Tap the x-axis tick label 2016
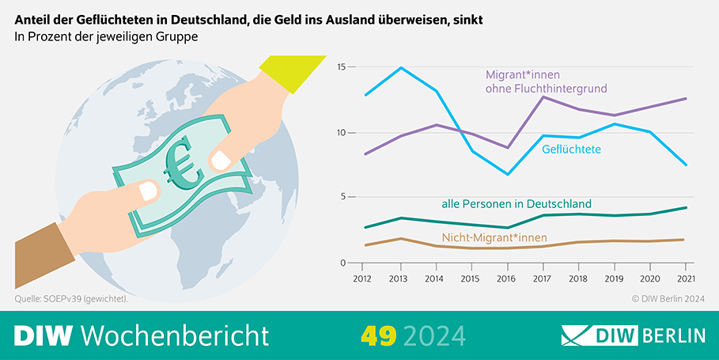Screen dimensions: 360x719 505,279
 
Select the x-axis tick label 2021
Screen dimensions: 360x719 685,279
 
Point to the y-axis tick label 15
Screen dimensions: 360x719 342,67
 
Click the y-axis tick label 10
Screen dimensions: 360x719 342,132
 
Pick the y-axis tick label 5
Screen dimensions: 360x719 344,198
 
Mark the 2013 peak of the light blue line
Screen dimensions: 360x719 398,68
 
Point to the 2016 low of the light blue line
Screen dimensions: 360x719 506,174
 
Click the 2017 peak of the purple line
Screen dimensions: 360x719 542,97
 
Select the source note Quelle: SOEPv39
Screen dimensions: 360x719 70,299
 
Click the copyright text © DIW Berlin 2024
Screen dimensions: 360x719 668,299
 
